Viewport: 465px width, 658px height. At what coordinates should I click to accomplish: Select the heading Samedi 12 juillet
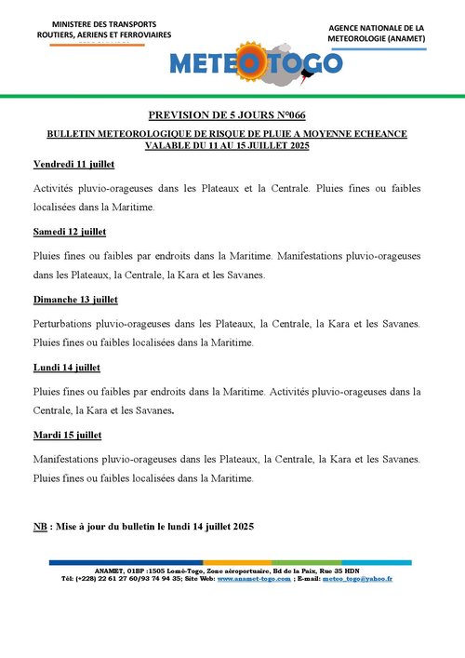[70, 231]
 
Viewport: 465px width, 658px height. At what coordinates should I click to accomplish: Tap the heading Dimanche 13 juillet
[75, 300]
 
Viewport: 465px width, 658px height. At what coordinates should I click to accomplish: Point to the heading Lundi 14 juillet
[66, 368]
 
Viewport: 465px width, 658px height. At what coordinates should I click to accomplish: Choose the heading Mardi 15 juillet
[67, 435]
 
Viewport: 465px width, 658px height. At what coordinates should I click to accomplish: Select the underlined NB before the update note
[40, 528]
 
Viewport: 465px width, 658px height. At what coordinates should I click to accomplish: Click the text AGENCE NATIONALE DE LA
[377, 29]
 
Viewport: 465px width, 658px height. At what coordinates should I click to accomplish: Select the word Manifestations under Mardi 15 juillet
[70, 459]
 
